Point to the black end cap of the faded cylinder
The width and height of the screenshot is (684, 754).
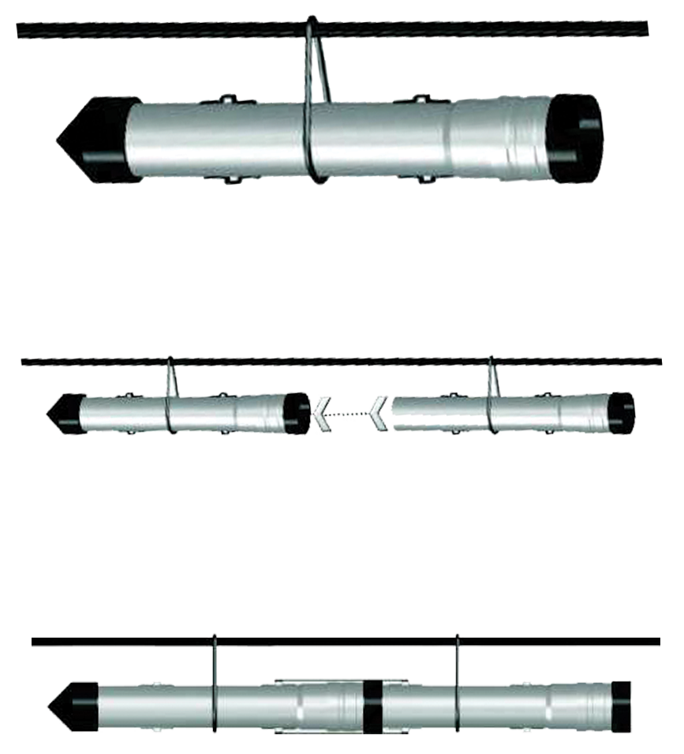(x=621, y=409)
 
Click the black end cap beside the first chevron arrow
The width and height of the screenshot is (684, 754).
(x=298, y=411)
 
